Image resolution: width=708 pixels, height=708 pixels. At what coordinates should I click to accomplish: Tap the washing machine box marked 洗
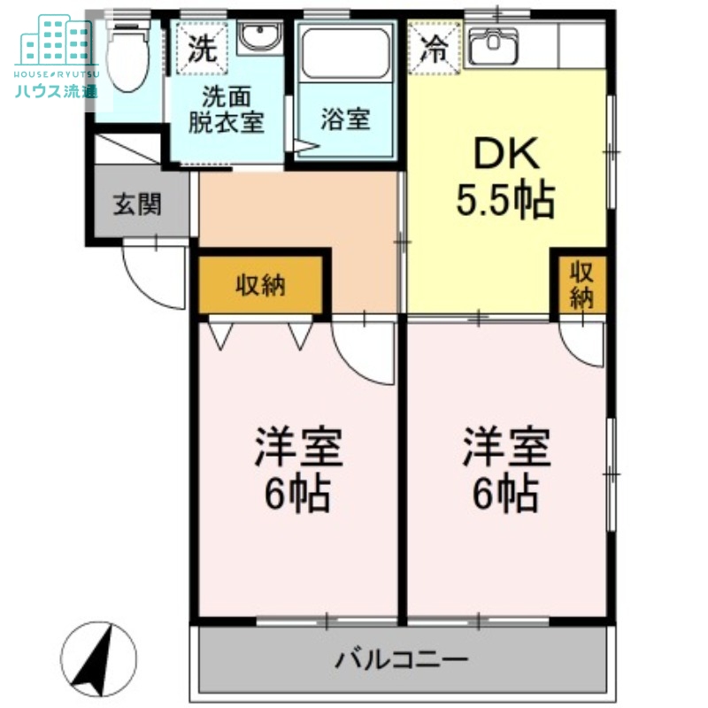point(203,45)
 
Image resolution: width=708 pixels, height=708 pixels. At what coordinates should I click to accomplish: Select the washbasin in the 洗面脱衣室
point(258,41)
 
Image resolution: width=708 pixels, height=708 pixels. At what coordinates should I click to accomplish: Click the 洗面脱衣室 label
point(226,111)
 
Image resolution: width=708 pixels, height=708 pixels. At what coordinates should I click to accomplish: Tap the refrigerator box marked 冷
point(435,47)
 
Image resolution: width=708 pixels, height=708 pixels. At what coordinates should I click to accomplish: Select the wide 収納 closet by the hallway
point(260,285)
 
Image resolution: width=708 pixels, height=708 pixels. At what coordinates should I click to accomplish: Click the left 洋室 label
point(298,450)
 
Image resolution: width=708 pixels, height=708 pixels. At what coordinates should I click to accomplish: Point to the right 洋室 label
point(505,450)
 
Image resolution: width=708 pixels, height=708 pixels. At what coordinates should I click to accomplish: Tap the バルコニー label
point(401,659)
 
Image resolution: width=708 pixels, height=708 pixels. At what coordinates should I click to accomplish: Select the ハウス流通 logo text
point(55,89)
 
